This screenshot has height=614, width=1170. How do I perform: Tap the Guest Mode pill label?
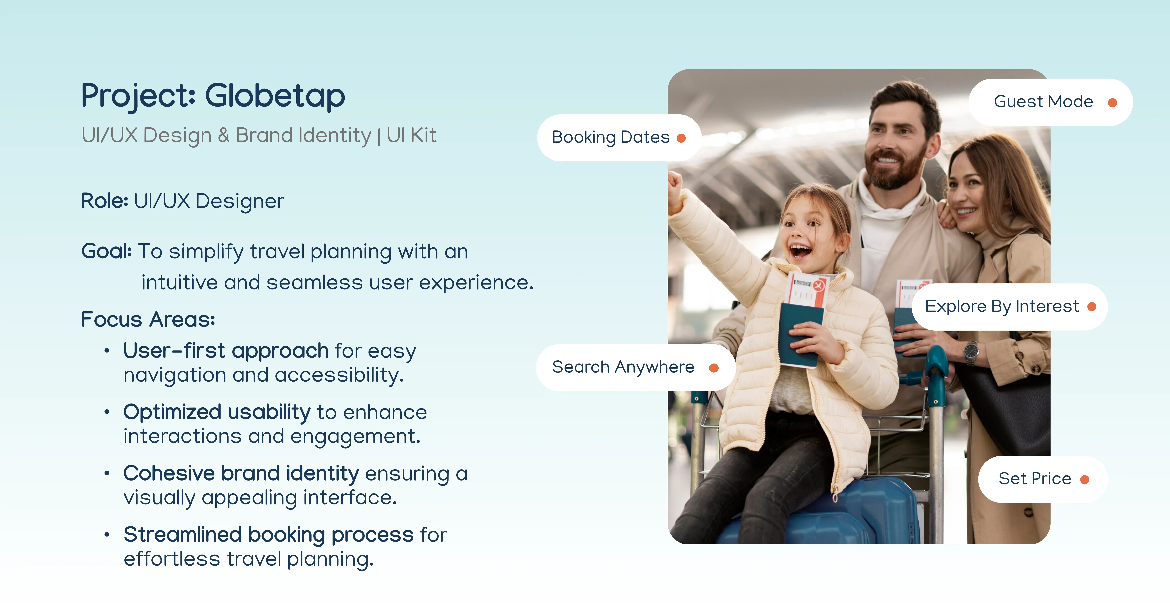tap(1051, 102)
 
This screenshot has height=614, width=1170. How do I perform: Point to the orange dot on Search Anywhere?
tap(713, 368)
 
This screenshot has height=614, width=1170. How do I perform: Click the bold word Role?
tap(104, 201)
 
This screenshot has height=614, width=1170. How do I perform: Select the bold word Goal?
tap(106, 251)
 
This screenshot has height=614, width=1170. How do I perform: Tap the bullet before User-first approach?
tap(107, 351)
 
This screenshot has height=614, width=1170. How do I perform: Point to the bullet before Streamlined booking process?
tap(107, 535)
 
